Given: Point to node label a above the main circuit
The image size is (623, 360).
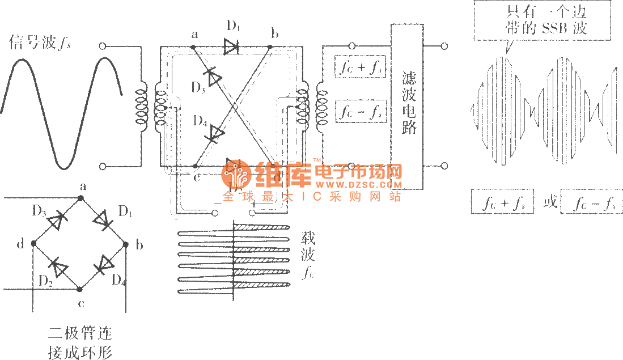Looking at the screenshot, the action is click(194, 35).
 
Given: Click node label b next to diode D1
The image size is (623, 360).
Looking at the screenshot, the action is click(274, 35).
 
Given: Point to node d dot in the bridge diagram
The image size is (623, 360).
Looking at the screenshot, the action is click(33, 243).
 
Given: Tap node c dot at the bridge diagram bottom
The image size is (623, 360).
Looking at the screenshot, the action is click(80, 289).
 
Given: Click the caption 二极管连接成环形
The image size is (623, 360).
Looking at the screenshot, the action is click(79, 342).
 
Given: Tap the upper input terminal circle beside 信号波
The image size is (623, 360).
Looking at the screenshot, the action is click(103, 46).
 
